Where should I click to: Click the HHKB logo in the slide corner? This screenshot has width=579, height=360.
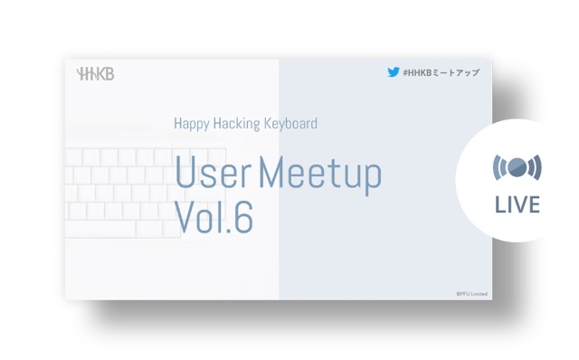tap(96, 74)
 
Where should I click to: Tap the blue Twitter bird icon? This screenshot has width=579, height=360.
tap(394, 72)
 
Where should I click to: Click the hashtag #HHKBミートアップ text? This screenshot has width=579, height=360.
tap(441, 72)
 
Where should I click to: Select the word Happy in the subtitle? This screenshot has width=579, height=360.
tap(191, 123)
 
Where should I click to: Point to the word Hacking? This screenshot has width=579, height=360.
tap(240, 123)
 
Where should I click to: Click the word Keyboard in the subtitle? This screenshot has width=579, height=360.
tap(289, 123)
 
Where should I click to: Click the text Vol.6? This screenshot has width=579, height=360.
tap(214, 217)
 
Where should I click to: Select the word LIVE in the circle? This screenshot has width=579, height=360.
tap(517, 205)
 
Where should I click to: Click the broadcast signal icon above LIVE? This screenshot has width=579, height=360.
tap(517, 167)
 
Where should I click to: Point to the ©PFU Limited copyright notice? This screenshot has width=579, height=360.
tap(471, 293)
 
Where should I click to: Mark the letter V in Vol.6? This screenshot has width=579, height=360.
tap(185, 217)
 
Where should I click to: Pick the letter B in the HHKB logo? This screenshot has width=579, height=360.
tap(109, 74)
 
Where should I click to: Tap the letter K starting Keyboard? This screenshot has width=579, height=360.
tap(267, 123)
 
